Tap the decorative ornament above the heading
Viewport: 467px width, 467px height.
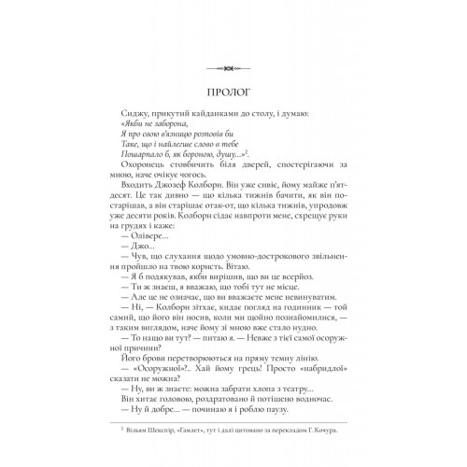pyautogui.click(x=233, y=66)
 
